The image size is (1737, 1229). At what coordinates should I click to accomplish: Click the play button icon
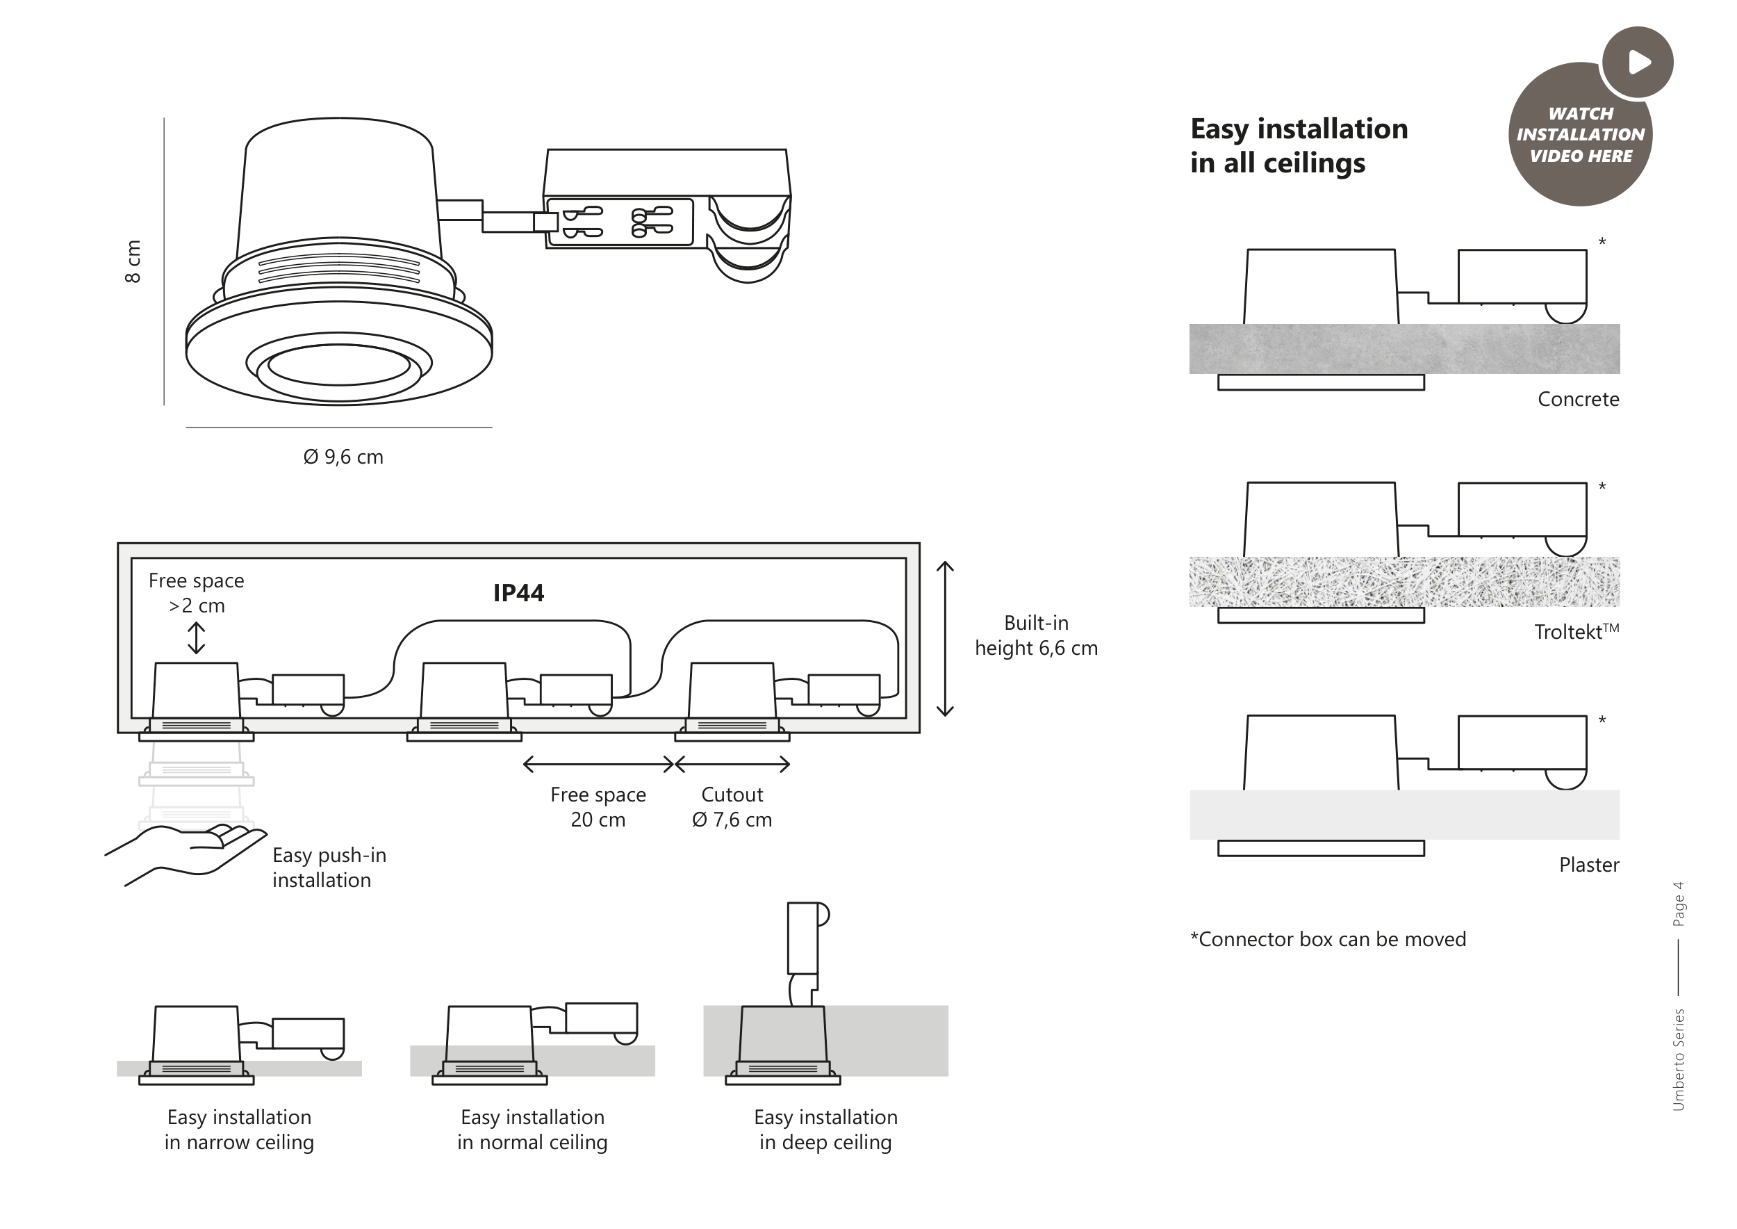1638,62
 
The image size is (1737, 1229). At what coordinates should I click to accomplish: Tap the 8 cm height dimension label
133,262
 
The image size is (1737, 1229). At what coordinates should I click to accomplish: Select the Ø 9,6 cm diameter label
343,457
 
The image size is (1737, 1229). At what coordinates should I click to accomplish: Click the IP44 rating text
518,592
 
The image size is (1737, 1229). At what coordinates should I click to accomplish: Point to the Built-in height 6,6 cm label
1036,635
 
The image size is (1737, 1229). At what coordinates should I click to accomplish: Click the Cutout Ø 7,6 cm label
732,807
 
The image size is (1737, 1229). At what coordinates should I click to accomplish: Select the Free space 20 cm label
598,807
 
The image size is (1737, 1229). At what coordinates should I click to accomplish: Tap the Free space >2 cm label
196,594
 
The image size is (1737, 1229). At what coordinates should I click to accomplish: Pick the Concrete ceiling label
1577,400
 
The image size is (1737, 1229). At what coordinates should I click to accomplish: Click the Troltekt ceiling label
1575,632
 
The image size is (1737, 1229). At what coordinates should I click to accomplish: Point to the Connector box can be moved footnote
1328,939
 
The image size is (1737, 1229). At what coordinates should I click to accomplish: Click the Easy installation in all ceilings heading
1298,146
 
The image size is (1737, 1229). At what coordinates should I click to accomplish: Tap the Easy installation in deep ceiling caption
825,1130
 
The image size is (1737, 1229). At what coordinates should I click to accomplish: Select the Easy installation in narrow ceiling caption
239,1130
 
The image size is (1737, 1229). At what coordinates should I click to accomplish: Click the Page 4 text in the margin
1679,904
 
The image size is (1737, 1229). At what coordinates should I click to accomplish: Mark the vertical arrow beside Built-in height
945,639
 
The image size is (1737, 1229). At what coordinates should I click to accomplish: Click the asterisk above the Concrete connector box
1602,242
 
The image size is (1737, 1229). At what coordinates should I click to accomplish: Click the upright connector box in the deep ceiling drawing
802,938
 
